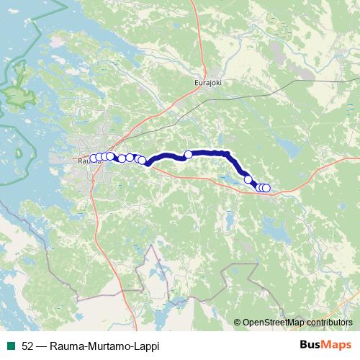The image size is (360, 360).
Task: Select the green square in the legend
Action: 12,346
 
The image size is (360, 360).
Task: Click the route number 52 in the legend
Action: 27,346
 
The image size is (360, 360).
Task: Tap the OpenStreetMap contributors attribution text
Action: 297,323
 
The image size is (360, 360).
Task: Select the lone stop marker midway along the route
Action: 189,153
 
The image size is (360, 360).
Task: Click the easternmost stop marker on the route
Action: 266,188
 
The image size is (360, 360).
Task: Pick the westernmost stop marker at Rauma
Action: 93,158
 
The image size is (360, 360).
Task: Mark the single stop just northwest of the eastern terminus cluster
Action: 248,179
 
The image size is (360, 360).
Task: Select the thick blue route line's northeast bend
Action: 229,154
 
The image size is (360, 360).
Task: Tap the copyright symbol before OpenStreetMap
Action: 238,323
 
